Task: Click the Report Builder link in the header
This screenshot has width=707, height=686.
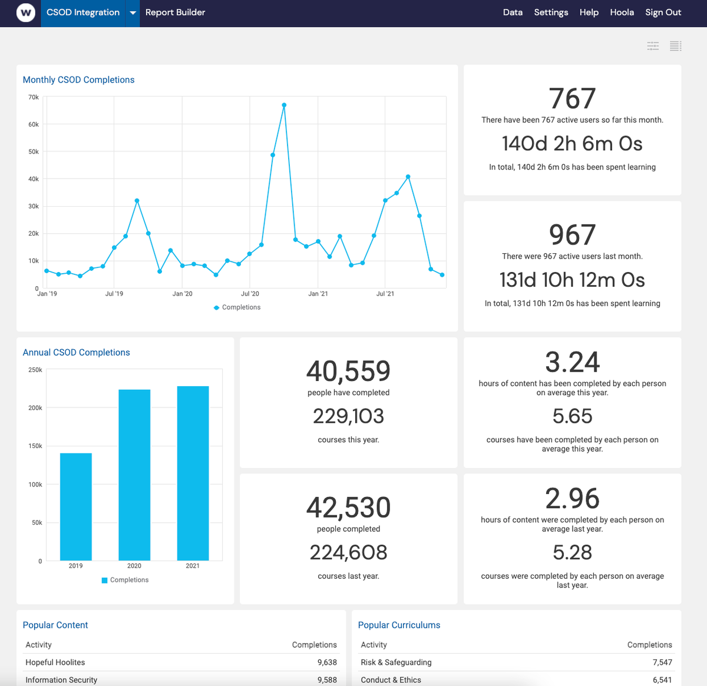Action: (175, 12)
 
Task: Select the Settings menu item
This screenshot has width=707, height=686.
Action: (551, 12)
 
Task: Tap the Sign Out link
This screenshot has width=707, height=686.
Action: (663, 12)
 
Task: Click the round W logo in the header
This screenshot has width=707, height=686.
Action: (26, 12)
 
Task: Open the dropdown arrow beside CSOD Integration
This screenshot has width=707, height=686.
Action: (133, 13)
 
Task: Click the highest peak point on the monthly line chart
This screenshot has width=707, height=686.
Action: (284, 105)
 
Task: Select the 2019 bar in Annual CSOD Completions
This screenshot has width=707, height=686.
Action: (76, 506)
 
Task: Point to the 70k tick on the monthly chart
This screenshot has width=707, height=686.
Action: (34, 97)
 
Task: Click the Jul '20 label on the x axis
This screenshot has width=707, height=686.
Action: (250, 294)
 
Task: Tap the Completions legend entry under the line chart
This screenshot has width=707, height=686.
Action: (237, 307)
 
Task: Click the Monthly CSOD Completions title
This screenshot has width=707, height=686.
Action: (78, 80)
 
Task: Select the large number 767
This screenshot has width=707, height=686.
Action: (572, 99)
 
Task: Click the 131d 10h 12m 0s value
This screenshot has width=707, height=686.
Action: (572, 280)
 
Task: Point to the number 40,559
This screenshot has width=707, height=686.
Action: (348, 372)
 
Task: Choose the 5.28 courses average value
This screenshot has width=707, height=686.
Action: (572, 553)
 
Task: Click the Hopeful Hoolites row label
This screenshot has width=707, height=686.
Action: (55, 662)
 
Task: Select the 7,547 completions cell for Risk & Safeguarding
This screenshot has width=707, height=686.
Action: (662, 662)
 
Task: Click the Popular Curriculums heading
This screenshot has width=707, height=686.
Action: (399, 625)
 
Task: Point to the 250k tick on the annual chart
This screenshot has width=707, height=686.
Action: (35, 370)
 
